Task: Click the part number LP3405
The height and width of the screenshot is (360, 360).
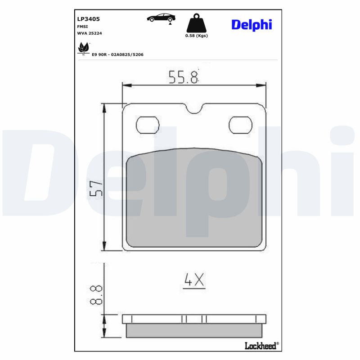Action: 89,19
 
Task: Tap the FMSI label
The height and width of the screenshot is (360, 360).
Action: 83,27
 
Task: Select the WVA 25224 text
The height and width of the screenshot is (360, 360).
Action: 90,34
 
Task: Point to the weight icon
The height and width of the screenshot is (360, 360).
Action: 196,23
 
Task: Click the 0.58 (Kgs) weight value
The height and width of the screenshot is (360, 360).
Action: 197,36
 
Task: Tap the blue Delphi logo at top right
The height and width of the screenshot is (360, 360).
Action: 252,24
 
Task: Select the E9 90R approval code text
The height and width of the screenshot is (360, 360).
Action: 117,54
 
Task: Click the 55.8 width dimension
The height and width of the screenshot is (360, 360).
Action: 183,77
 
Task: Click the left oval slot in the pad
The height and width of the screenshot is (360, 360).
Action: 148,125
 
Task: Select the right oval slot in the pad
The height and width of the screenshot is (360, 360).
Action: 240,125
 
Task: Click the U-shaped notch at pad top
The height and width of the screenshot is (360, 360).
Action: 194,108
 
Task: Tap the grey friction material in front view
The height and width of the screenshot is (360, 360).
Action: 194,198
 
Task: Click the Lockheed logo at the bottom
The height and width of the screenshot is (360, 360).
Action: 261,346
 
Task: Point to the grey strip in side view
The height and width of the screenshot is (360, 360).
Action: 194,331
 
